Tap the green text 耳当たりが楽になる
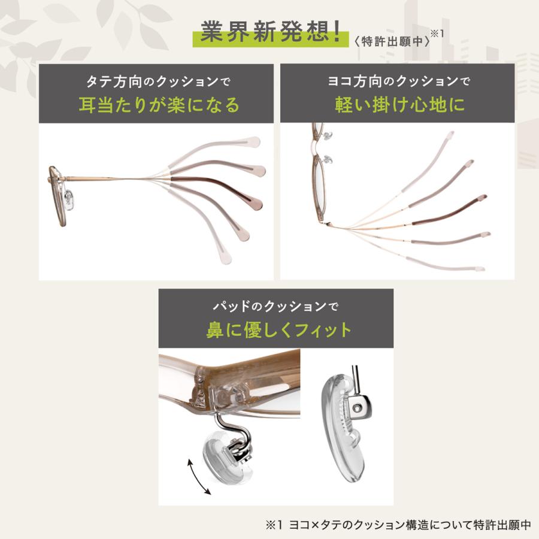click(x=159, y=105)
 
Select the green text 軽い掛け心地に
click(x=398, y=105)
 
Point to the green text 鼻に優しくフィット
click(x=278, y=330)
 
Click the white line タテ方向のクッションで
click(x=159, y=81)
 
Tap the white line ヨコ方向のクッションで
click(x=398, y=81)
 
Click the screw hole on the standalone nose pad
click(x=358, y=408)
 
